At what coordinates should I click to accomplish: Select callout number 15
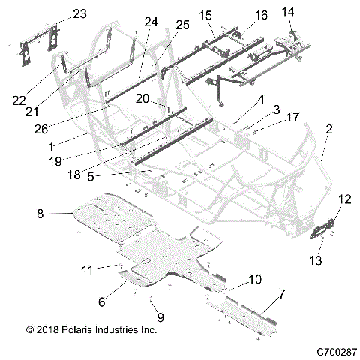coord(205,15)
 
